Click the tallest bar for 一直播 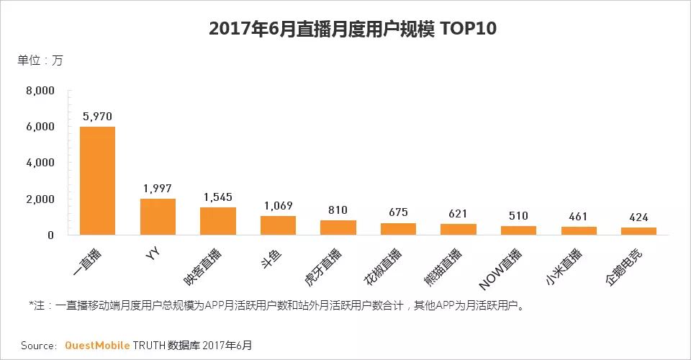(x=97, y=181)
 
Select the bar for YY (x=158, y=217)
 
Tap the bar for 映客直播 (x=217, y=221)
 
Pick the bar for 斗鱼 (x=278, y=225)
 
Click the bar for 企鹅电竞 (x=638, y=231)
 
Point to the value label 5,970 (x=97, y=116)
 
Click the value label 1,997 (x=158, y=188)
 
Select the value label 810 (x=338, y=210)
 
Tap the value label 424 (x=638, y=217)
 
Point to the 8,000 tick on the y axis (x=40, y=91)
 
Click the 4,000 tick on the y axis (x=40, y=163)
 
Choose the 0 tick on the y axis (x=50, y=235)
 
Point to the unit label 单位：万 (x=40, y=60)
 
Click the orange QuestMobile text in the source (x=99, y=346)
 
